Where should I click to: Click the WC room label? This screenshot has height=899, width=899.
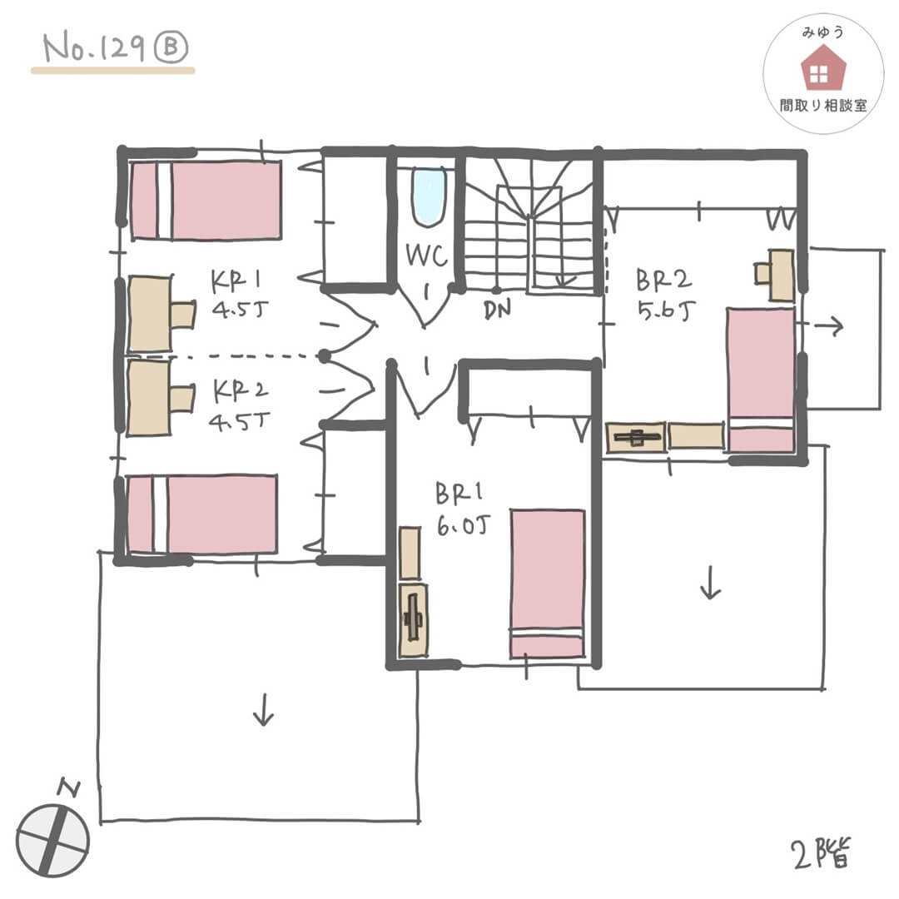(x=426, y=256)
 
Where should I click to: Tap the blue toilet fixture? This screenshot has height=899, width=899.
(x=429, y=196)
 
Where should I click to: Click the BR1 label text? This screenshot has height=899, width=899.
(x=459, y=493)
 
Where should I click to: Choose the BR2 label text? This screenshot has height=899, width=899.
(x=664, y=281)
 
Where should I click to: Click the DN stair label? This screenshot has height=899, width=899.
(x=497, y=310)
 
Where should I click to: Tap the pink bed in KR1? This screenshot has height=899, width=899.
(x=206, y=200)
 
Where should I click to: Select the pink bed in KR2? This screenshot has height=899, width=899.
(x=202, y=514)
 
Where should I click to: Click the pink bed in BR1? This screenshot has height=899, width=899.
(x=548, y=584)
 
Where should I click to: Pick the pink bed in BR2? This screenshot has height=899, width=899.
(x=761, y=380)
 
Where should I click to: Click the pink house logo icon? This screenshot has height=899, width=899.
(x=822, y=67)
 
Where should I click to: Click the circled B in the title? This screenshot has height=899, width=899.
(x=171, y=47)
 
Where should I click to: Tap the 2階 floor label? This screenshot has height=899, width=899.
(x=822, y=854)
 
